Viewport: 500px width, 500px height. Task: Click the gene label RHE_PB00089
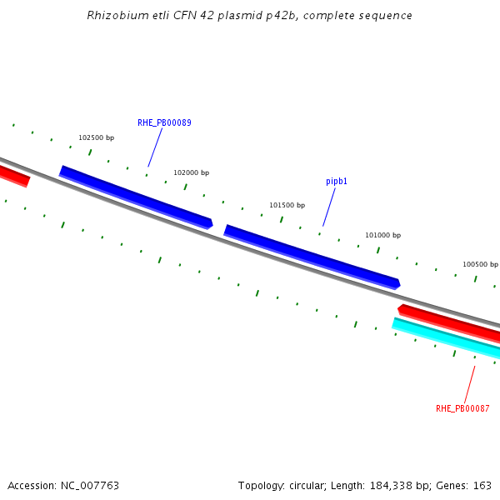(164, 122)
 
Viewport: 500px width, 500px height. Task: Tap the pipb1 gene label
(337, 181)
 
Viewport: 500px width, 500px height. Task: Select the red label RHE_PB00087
(462, 408)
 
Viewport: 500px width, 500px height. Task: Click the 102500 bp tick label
(96, 137)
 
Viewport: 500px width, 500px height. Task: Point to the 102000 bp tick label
(191, 172)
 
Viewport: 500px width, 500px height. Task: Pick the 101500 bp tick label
(287, 205)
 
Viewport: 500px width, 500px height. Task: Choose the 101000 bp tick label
(382, 235)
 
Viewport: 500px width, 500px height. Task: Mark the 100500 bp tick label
(480, 264)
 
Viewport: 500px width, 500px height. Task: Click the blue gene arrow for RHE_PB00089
(136, 197)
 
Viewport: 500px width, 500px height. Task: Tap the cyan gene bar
(446, 337)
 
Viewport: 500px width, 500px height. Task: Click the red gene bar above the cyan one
(450, 322)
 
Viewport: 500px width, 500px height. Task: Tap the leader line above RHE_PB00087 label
(469, 384)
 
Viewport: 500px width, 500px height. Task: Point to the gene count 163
(482, 485)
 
